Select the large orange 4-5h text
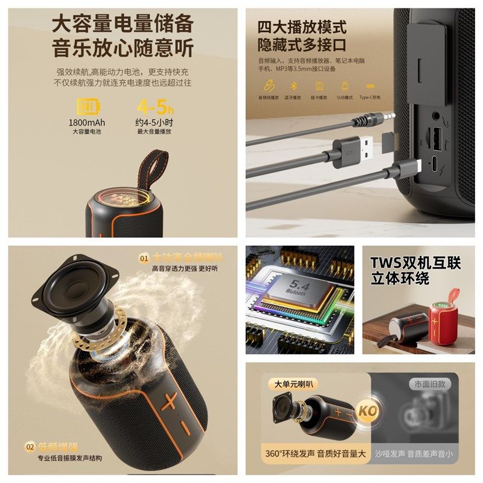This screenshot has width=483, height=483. click(x=155, y=107)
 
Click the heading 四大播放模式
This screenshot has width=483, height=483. click(x=302, y=27)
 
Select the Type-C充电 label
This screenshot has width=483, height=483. click(x=371, y=97)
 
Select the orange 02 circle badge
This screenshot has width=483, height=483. click(x=30, y=447)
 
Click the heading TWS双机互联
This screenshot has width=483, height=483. click(x=415, y=263)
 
